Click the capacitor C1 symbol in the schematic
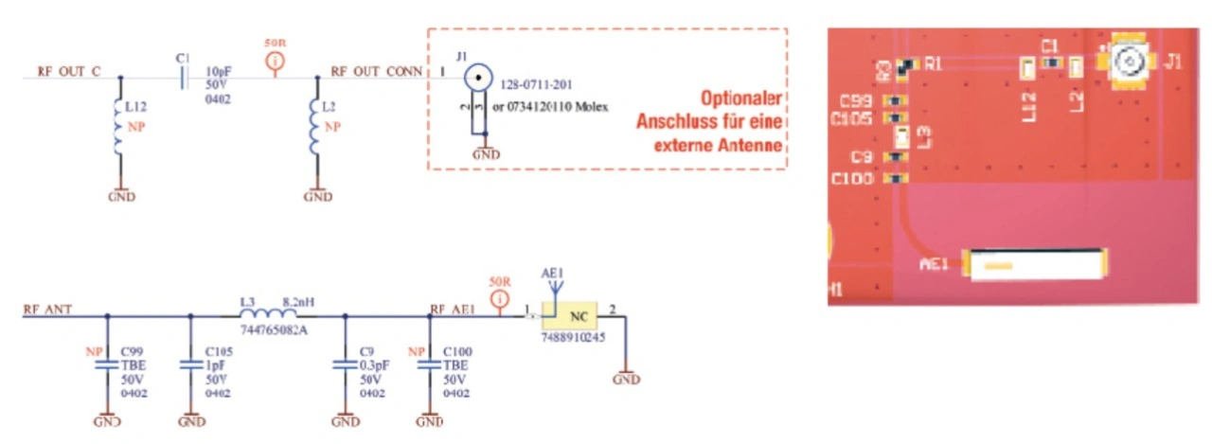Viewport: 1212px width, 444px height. click(x=184, y=77)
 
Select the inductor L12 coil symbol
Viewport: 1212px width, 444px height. click(x=116, y=126)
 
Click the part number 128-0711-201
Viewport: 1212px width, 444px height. click(x=536, y=84)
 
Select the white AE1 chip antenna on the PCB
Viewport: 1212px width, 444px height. click(x=1035, y=264)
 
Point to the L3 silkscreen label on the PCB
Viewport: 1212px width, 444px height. click(x=924, y=136)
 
